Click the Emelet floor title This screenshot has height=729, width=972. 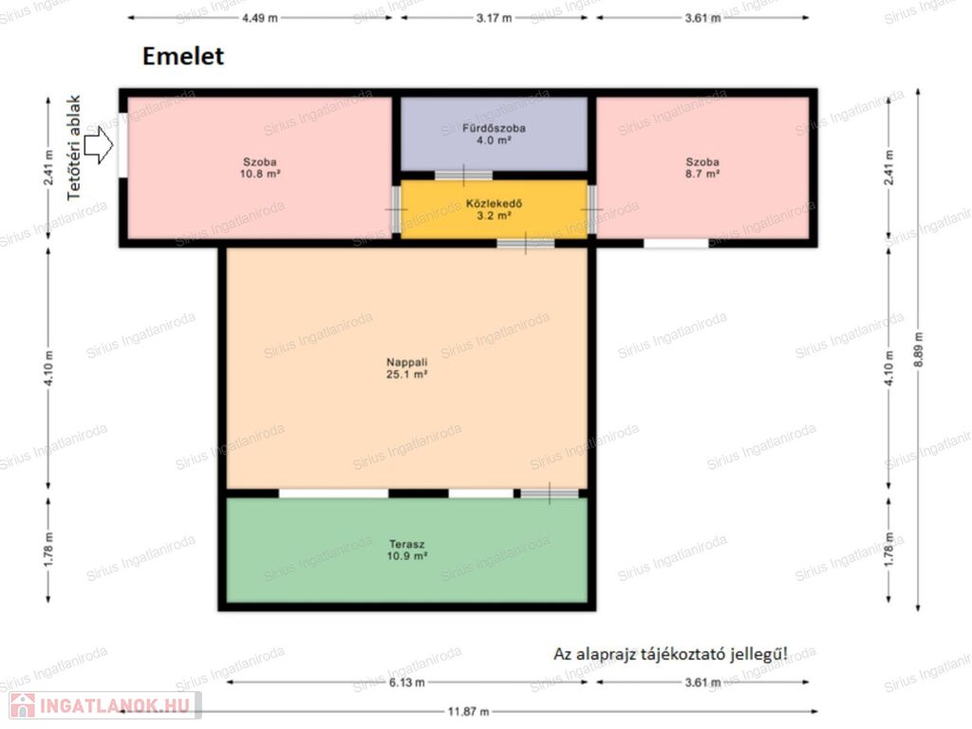(183, 56)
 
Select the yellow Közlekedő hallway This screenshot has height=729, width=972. (494, 210)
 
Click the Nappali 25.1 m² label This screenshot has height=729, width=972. (406, 368)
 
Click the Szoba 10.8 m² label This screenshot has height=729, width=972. (260, 168)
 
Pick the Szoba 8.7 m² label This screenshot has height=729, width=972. (702, 168)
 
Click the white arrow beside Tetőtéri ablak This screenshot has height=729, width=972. (99, 145)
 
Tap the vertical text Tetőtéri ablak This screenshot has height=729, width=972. (74, 147)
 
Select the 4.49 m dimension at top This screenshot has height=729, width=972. (260, 18)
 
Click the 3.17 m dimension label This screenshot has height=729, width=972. (494, 18)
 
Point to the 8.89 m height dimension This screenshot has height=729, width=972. (918, 349)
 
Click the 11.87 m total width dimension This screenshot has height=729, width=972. (469, 712)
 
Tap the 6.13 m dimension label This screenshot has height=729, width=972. (406, 682)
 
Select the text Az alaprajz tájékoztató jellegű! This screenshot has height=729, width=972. (671, 654)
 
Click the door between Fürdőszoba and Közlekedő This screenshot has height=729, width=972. (463, 176)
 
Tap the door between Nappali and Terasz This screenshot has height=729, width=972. (550, 494)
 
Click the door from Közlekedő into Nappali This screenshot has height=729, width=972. (526, 243)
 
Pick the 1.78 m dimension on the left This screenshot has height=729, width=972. (48, 550)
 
